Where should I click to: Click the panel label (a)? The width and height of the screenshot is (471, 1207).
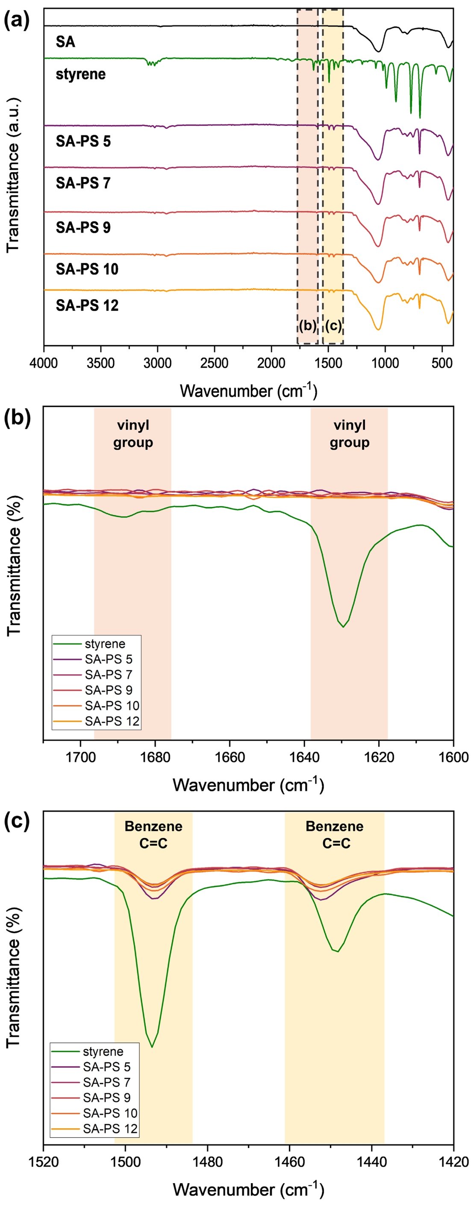tap(17, 21)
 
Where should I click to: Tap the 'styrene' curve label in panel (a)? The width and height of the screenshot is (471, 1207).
tap(81, 74)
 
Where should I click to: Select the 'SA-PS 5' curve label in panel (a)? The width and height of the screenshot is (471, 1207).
tap(83, 141)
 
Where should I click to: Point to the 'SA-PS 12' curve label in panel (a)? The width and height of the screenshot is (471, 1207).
tap(87, 306)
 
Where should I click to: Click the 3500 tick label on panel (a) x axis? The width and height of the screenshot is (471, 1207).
tap(100, 364)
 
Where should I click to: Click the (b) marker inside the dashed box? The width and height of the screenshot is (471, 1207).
tap(307, 326)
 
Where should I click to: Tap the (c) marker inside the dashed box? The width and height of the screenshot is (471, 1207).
tap(333, 326)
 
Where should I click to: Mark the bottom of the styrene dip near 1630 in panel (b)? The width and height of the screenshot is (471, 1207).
tap(344, 627)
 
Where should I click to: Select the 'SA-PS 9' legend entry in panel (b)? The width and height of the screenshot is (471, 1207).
tap(108, 690)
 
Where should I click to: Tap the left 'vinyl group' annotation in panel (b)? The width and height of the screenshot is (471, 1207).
tap(133, 434)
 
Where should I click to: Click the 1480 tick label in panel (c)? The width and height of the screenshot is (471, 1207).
tap(207, 1162)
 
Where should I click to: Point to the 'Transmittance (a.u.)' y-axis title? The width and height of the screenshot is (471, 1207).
tap(13, 175)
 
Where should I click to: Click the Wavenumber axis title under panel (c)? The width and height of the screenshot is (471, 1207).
tap(248, 1189)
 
